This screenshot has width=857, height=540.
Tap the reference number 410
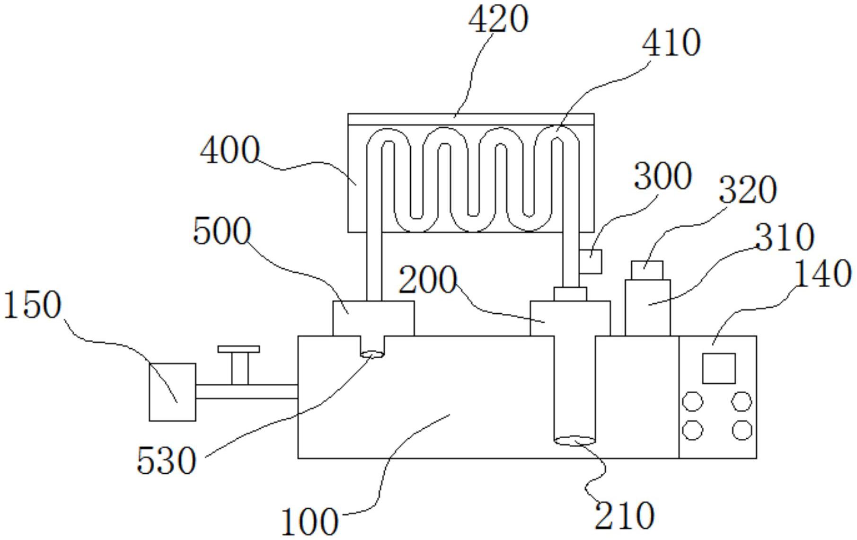pyautogui.click(x=671, y=43)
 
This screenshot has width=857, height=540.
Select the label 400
pyautogui.click(x=230, y=150)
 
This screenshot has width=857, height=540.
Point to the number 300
pyautogui.click(x=662, y=177)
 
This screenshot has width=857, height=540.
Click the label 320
pyautogui.click(x=747, y=190)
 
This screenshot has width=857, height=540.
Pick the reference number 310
pyautogui.click(x=784, y=237)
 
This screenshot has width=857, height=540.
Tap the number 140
pyautogui.click(x=823, y=274)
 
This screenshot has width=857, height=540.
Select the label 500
pyautogui.click(x=221, y=231)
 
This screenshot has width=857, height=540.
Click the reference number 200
pyautogui.click(x=427, y=280)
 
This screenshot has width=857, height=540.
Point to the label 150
pyautogui.click(x=32, y=305)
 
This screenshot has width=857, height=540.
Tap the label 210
pyautogui.click(x=624, y=515)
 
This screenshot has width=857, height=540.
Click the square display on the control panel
pyautogui.click(x=718, y=368)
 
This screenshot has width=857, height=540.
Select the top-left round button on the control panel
pyautogui.click(x=693, y=402)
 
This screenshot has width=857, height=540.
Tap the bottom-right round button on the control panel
pyautogui.click(x=742, y=430)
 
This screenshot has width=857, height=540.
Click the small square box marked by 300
pyautogui.click(x=591, y=261)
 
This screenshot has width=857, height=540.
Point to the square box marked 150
pyautogui.click(x=172, y=392)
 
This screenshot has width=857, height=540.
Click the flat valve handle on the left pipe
pyautogui.click(x=239, y=349)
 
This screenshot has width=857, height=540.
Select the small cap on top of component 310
pyautogui.click(x=647, y=270)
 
